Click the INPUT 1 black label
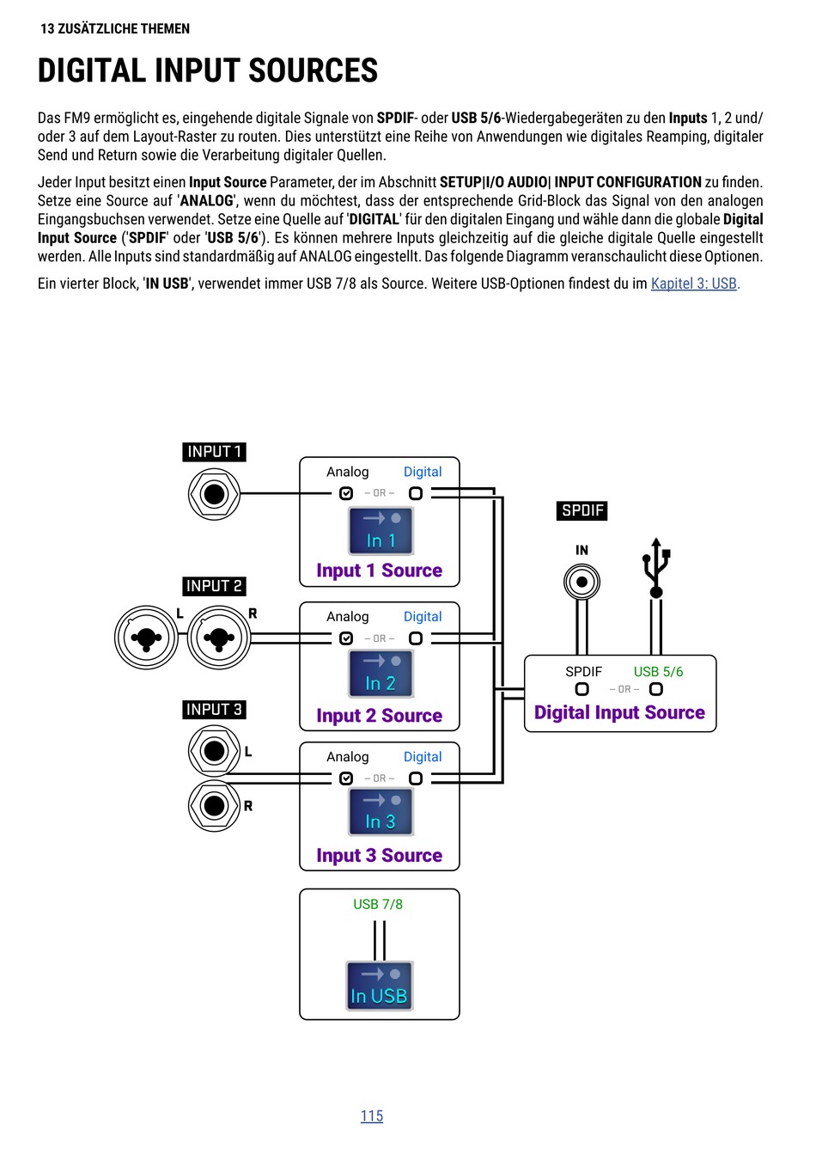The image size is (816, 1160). pos(214,452)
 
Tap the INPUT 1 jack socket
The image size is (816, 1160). pos(214,494)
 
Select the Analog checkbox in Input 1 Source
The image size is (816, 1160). pos(346,493)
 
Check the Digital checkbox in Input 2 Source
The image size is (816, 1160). pos(415,638)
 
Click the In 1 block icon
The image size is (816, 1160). pos(381,531)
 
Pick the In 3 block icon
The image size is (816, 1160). pos(381,812)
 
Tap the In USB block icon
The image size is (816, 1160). pos(380,986)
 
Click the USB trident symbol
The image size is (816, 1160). pos(656,568)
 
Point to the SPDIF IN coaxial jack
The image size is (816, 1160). pos(582,582)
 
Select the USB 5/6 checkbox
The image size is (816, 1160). pos(656,689)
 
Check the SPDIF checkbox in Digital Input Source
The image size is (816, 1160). pos(582,689)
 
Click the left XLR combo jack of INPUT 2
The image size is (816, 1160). pos(146,638)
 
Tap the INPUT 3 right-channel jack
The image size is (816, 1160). pos(214,806)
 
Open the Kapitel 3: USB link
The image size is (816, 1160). pos(694,284)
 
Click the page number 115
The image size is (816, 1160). pos(372,1115)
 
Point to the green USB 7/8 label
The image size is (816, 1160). pos(378,904)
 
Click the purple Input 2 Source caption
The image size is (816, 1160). pos(380,715)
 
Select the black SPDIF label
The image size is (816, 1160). pos(582,510)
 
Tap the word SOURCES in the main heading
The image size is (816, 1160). pos(314,70)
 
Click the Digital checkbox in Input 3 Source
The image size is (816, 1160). pos(415,778)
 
